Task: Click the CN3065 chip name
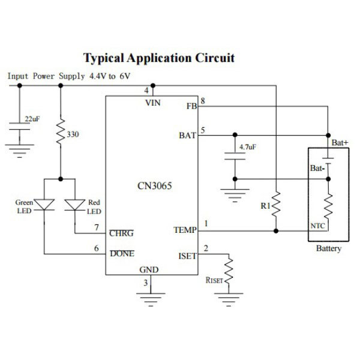click(x=155, y=186)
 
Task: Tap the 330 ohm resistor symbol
click(x=61, y=132)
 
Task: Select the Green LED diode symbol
click(x=44, y=205)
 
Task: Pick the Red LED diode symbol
click(x=75, y=205)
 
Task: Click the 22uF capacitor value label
click(x=32, y=119)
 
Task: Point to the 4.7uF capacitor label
click(x=248, y=147)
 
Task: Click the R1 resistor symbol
click(x=276, y=204)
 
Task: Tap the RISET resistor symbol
click(x=229, y=271)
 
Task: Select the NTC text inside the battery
click(x=317, y=226)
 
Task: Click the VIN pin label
click(x=153, y=103)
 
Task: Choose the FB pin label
click(x=192, y=106)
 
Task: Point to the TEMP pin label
click(x=185, y=230)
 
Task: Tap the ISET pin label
click(x=188, y=256)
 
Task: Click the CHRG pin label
click(x=121, y=233)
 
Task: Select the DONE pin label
click(x=122, y=253)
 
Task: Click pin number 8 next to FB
click(x=203, y=101)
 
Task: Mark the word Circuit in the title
click(x=215, y=58)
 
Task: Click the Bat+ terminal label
click(x=340, y=143)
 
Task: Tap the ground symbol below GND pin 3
click(x=151, y=299)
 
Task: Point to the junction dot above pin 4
click(x=153, y=86)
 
